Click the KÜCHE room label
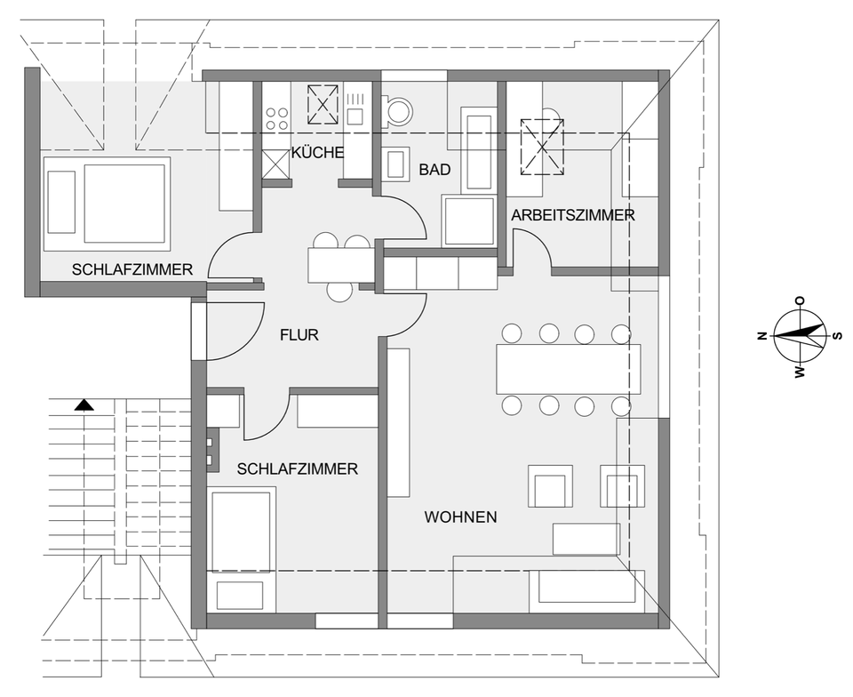pyautogui.click(x=317, y=152)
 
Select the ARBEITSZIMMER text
pyautogui.click(x=572, y=215)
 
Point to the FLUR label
pyautogui.click(x=299, y=335)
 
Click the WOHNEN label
pyautogui.click(x=460, y=517)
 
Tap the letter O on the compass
pyautogui.click(x=799, y=301)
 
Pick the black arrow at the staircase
pyautogui.click(x=84, y=405)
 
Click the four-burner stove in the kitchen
pyautogui.click(x=277, y=118)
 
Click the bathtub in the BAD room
pyautogui.click(x=478, y=148)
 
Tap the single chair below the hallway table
pyautogui.click(x=340, y=291)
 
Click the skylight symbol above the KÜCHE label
pyautogui.click(x=323, y=104)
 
